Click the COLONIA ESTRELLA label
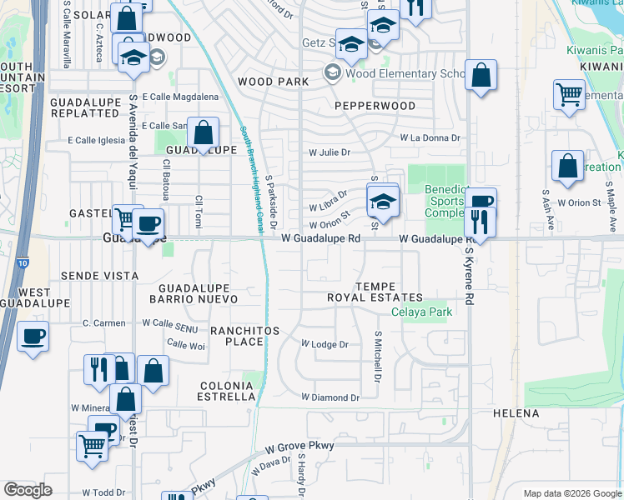(227, 391)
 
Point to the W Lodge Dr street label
(324, 344)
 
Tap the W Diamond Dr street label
(330, 398)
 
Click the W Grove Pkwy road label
(299, 446)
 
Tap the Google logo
(28, 489)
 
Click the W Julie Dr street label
(330, 152)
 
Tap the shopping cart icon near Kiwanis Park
(570, 94)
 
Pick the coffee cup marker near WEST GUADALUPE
(33, 337)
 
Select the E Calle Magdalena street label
(179, 97)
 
